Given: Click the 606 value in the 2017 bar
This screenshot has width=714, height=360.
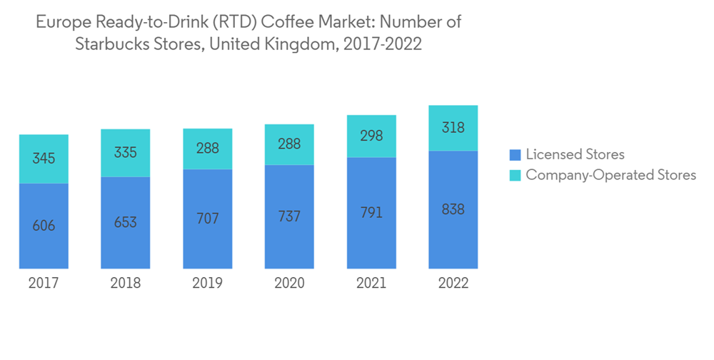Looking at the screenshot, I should coord(44,226).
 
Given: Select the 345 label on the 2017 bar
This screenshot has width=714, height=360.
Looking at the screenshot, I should coord(44,159).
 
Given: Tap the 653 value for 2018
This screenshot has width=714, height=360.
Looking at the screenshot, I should coord(126,222).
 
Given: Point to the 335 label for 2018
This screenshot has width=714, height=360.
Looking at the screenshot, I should coord(126,153).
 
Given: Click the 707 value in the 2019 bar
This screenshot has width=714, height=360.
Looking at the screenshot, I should coord(208,219).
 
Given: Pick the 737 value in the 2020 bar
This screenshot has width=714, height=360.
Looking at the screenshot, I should coord(290,216).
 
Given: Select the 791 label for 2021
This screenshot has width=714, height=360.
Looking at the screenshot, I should coord(371,213).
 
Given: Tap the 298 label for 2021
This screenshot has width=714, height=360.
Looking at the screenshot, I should coord(371,136).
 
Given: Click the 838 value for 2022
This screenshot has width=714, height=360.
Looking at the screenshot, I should coord(453,209).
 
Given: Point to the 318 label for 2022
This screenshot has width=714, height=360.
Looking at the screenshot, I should coord(453,128).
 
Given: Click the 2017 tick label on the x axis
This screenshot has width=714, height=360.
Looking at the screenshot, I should coord(44,284).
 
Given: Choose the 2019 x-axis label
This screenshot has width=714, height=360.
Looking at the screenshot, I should coord(208,284).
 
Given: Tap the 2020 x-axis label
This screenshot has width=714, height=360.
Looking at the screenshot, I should coord(290,284).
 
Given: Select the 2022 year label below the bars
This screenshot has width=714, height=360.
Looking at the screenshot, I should coord(453,284).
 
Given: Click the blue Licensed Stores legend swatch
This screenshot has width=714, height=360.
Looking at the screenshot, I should coord(514,154).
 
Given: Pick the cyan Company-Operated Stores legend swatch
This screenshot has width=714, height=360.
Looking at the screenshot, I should coord(514,175).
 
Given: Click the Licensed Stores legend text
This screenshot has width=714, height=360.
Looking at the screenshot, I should coord(575,154).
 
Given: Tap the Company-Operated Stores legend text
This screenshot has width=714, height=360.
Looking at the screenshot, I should coord(610,175).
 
